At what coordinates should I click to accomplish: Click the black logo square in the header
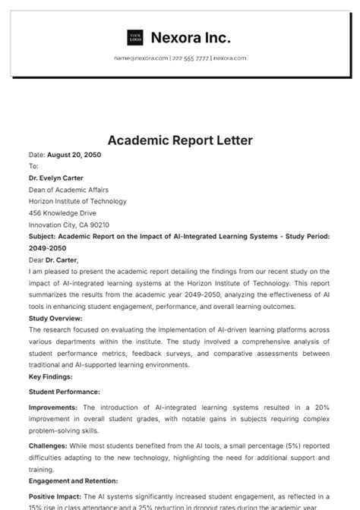[x=135, y=37]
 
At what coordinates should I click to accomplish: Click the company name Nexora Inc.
[x=191, y=37]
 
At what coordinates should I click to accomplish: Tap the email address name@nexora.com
[x=141, y=58]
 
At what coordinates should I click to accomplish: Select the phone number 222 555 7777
[x=190, y=58]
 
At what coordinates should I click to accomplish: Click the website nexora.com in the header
[x=229, y=58]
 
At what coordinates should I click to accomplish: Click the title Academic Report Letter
[x=180, y=140]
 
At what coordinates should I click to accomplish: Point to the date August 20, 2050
[x=74, y=155]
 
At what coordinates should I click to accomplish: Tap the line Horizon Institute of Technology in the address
[x=77, y=202]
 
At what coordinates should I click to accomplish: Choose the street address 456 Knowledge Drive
[x=64, y=213]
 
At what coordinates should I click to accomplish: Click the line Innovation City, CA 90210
[x=69, y=225]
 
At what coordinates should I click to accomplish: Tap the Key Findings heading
[x=51, y=376]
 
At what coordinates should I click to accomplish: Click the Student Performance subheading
[x=65, y=392]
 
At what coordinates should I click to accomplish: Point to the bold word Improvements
[x=53, y=408]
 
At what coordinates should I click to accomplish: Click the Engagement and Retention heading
[x=73, y=481]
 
